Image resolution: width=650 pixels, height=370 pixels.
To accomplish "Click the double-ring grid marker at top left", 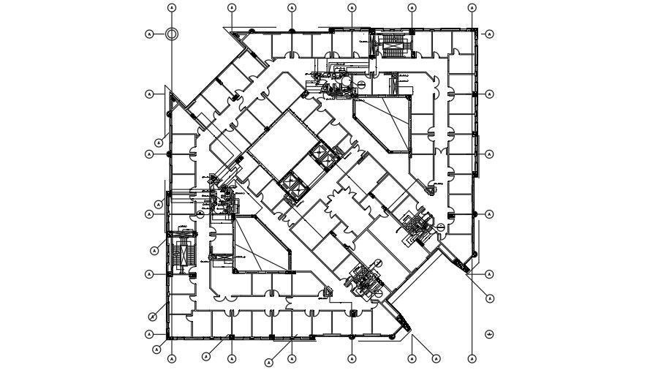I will [172, 34].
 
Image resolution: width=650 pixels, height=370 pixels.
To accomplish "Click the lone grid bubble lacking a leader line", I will [488, 334].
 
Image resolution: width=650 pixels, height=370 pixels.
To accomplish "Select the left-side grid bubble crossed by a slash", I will [153, 317].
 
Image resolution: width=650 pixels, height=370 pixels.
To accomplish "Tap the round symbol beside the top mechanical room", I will [361, 85].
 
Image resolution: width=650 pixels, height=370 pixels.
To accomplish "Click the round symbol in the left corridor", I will [200, 214].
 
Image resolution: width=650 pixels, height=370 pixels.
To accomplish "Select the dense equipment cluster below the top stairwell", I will [333, 81].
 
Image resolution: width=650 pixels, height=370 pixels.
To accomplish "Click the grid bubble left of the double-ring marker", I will [150, 34].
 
